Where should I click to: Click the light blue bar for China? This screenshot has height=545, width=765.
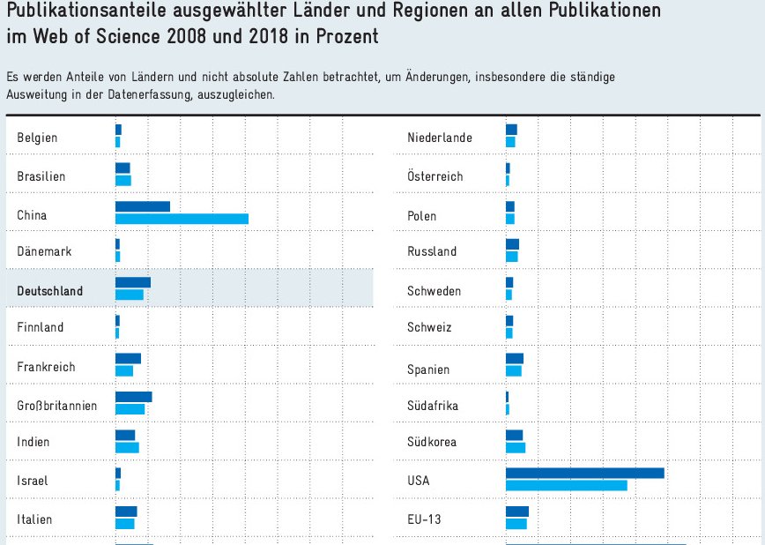point(182,219)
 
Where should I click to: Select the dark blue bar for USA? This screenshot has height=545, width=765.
point(584,473)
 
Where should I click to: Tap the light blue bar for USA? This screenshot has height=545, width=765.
point(566,484)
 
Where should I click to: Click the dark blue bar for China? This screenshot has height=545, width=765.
point(143,206)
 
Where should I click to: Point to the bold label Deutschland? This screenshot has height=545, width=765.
point(50,291)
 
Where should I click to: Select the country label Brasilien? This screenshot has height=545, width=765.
point(41,176)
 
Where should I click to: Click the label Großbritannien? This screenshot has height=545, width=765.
point(57,406)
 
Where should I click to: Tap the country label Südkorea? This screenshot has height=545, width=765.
point(432,442)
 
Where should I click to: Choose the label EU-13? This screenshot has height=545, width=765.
point(424,519)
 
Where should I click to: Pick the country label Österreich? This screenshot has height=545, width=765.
point(434,176)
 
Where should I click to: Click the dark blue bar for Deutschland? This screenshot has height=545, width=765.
point(133,282)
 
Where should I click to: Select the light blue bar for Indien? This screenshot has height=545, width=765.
point(127,447)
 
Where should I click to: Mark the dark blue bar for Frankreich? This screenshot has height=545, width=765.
point(128,358)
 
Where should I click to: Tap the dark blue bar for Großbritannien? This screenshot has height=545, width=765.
point(133,397)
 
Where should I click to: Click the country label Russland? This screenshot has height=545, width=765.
point(432,251)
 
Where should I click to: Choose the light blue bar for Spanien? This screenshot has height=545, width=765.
point(513,370)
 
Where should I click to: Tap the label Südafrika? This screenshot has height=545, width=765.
point(433,406)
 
